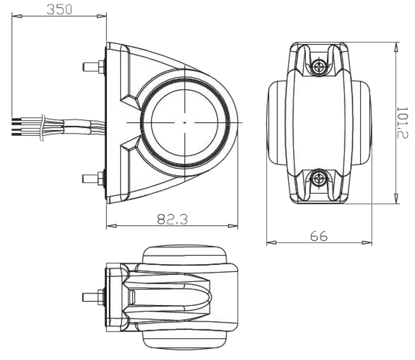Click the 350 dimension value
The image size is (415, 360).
point(59,9)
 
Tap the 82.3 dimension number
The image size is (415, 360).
point(173,219)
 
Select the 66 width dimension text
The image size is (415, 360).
point(319,236)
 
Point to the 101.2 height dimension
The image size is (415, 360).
point(403,123)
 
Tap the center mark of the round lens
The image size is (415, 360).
point(185,122)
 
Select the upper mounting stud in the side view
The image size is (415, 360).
point(94,67)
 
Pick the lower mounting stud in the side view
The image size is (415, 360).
point(94,178)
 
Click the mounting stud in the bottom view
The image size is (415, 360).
point(94,297)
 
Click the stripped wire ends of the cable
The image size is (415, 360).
point(16,127)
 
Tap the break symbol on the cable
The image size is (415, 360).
point(43,128)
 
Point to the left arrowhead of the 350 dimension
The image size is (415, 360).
point(17,17)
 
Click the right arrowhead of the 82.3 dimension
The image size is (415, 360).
point(233,226)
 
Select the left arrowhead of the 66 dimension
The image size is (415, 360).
point(271,242)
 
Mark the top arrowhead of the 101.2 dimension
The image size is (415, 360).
point(396,47)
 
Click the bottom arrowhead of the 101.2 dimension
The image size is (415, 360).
point(396,199)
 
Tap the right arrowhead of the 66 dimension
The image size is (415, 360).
point(367,242)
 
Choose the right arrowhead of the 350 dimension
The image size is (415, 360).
point(102,17)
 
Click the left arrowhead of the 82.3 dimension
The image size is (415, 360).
point(112,226)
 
